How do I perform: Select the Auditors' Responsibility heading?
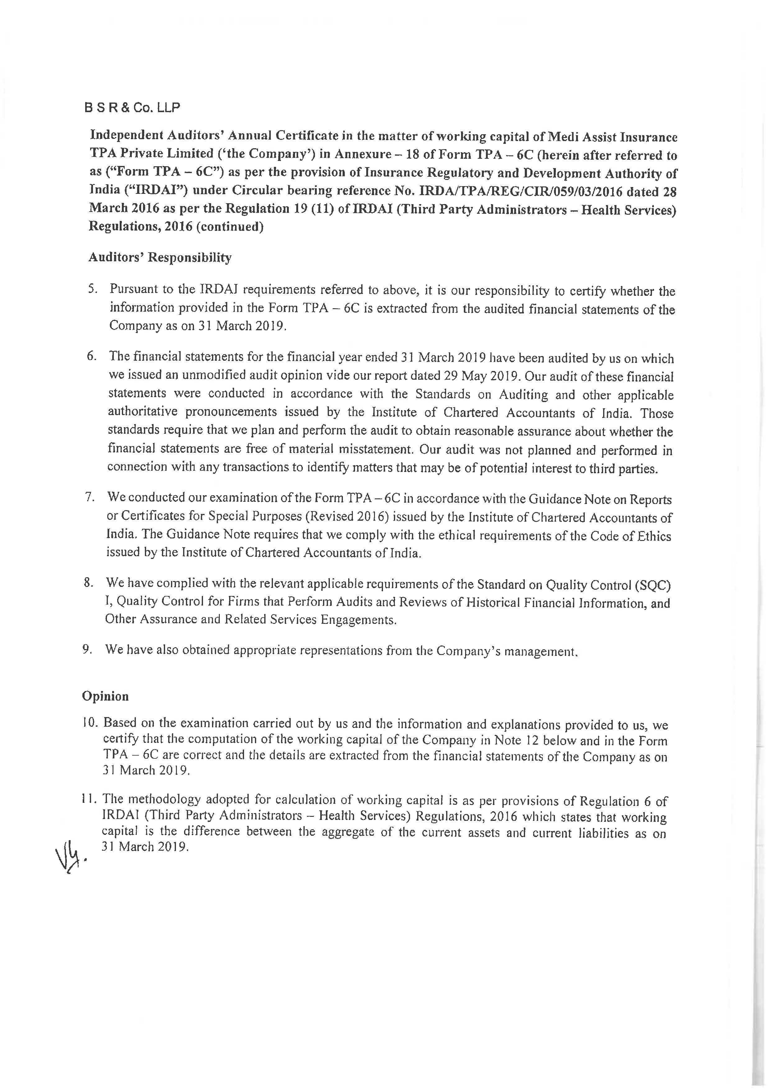pyautogui.click(x=160, y=258)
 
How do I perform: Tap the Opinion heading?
pyautogui.click(x=105, y=696)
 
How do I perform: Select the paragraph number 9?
pyautogui.click(x=87, y=649)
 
